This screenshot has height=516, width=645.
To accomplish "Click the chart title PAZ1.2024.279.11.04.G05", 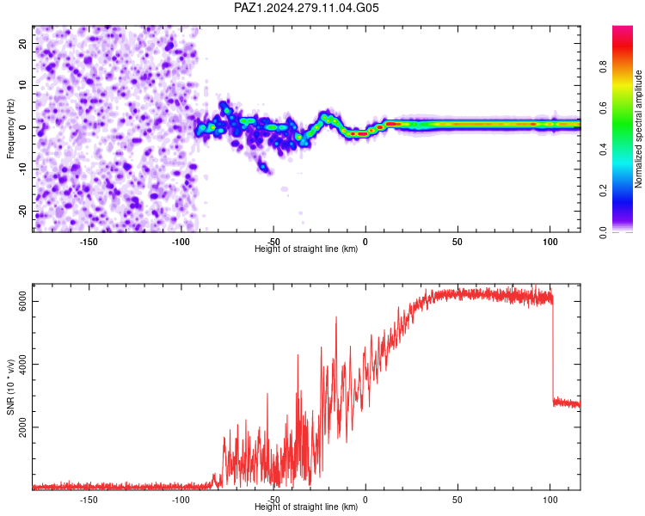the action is [x=306, y=8].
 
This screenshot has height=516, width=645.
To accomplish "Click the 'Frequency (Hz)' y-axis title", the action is [x=10, y=129].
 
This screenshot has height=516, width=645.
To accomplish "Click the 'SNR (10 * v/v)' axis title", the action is [x=10, y=387].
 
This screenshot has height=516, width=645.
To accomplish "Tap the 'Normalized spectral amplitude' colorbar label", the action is [x=638, y=129].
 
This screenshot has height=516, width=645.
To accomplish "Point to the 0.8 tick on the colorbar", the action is [x=603, y=66].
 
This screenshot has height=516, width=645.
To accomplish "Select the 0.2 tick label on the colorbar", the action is [x=603, y=191].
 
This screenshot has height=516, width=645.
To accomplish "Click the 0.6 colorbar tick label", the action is [x=603, y=107].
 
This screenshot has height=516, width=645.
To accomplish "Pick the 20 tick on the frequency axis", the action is [x=22, y=44].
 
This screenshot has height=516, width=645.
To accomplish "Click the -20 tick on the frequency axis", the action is [x=22, y=211].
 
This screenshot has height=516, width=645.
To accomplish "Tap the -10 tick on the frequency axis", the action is [x=22, y=169].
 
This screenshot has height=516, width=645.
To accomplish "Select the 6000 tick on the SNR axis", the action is [x=22, y=301].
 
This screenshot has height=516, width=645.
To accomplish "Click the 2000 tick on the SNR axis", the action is [x=22, y=427].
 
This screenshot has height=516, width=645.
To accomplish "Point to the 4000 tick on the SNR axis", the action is [x=22, y=364].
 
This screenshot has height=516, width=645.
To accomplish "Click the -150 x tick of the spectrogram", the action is [x=88, y=242].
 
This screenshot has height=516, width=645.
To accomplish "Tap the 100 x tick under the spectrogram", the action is [x=550, y=242].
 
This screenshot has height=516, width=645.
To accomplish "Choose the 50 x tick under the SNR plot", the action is [x=458, y=500].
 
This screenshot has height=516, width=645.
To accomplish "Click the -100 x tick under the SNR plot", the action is [x=181, y=500].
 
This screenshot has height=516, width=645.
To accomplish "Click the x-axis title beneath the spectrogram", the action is [x=306, y=249].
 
